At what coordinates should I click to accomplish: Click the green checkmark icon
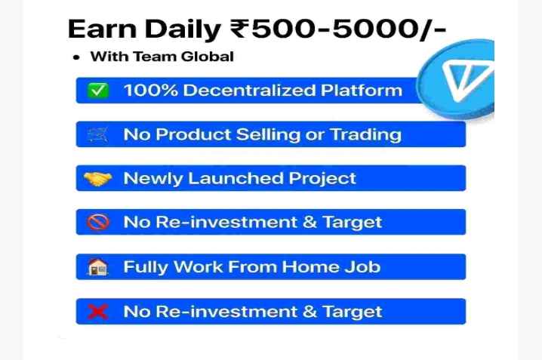point(98,91)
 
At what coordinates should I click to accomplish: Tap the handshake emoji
point(98,179)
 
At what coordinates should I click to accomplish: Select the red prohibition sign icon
point(98,222)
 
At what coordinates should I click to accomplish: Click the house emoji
point(98,267)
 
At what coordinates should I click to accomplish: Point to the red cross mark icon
point(98,312)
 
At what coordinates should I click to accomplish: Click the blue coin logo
point(456,80)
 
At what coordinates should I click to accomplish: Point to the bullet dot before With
point(76,57)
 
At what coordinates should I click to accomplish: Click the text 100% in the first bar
point(151,91)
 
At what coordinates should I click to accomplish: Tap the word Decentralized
point(249,91)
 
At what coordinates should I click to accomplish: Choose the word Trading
point(365,135)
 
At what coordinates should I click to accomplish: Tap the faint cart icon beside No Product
point(98,135)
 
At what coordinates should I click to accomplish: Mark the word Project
point(322,179)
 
